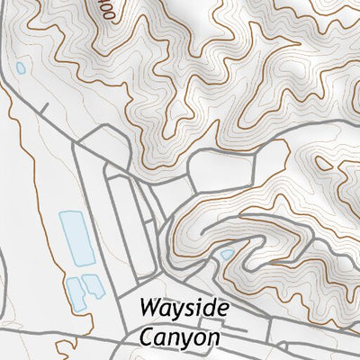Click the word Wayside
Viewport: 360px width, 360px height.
pyautogui.click(x=184, y=309)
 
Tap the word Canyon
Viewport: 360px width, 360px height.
pyautogui.click(x=180, y=337)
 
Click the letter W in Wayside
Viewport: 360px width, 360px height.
pyautogui.click(x=150, y=309)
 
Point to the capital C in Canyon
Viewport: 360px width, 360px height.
pyautogui.click(x=147, y=337)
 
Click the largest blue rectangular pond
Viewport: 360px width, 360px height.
pyautogui.click(x=75, y=238)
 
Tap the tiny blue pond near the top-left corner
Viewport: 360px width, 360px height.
pyautogui.click(x=20, y=67)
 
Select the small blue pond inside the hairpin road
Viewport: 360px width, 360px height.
pyautogui.click(x=226, y=256)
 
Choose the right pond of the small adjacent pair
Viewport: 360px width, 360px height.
pyautogui.click(x=92, y=288)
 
